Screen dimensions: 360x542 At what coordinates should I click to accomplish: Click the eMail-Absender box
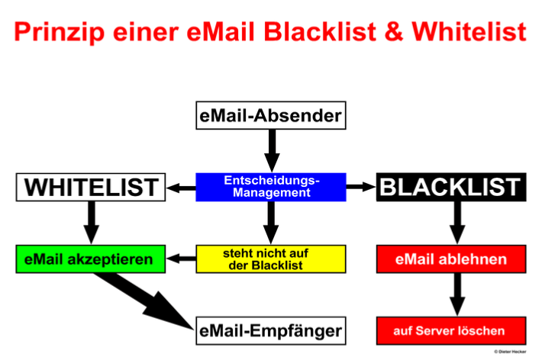pos(270,117)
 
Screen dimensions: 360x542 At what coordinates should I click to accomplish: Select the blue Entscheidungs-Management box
pos(271,187)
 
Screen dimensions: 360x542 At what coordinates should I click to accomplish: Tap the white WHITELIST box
pos(91,187)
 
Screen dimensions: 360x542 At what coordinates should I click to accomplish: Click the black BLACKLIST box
pos(450,187)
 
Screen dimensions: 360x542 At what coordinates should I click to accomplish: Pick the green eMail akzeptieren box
pos(91,259)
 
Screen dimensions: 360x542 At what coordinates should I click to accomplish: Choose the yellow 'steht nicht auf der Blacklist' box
pos(271,259)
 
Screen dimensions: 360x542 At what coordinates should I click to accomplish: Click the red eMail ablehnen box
pos(450,259)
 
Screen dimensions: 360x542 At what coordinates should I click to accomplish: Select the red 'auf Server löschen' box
pos(450,330)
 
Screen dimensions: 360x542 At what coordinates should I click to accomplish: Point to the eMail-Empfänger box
pos(270,330)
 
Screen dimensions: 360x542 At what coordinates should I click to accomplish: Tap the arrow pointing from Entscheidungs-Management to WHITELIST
pos(181,187)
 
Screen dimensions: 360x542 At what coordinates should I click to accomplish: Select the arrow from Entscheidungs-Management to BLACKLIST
pos(360,187)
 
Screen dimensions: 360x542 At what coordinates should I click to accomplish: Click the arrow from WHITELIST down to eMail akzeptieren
pos(91,222)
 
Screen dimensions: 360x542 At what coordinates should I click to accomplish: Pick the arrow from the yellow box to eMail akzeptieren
pos(181,259)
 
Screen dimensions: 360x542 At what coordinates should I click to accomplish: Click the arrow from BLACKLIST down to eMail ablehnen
pos(457,222)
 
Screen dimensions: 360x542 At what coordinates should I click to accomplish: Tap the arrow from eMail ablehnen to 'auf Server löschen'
pos(457,294)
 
